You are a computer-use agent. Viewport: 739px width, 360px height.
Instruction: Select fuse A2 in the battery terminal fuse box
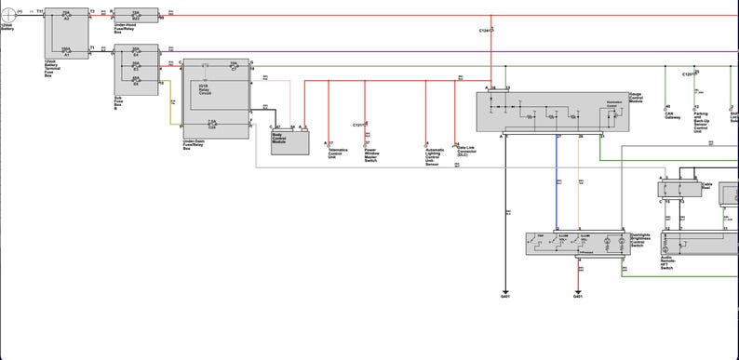click(66, 17)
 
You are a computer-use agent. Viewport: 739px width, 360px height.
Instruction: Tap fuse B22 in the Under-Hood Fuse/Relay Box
click(136, 17)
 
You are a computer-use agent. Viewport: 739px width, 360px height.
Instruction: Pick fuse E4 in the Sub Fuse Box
click(136, 52)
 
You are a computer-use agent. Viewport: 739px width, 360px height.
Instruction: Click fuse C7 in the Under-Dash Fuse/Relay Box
click(234, 67)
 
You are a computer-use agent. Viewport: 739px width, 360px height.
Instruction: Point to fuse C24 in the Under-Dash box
click(212, 123)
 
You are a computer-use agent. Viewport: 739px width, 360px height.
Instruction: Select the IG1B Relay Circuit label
click(206, 89)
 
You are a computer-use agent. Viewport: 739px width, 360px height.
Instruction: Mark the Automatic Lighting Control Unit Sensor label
click(436, 156)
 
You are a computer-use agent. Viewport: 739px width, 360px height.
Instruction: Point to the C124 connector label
click(485, 31)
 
